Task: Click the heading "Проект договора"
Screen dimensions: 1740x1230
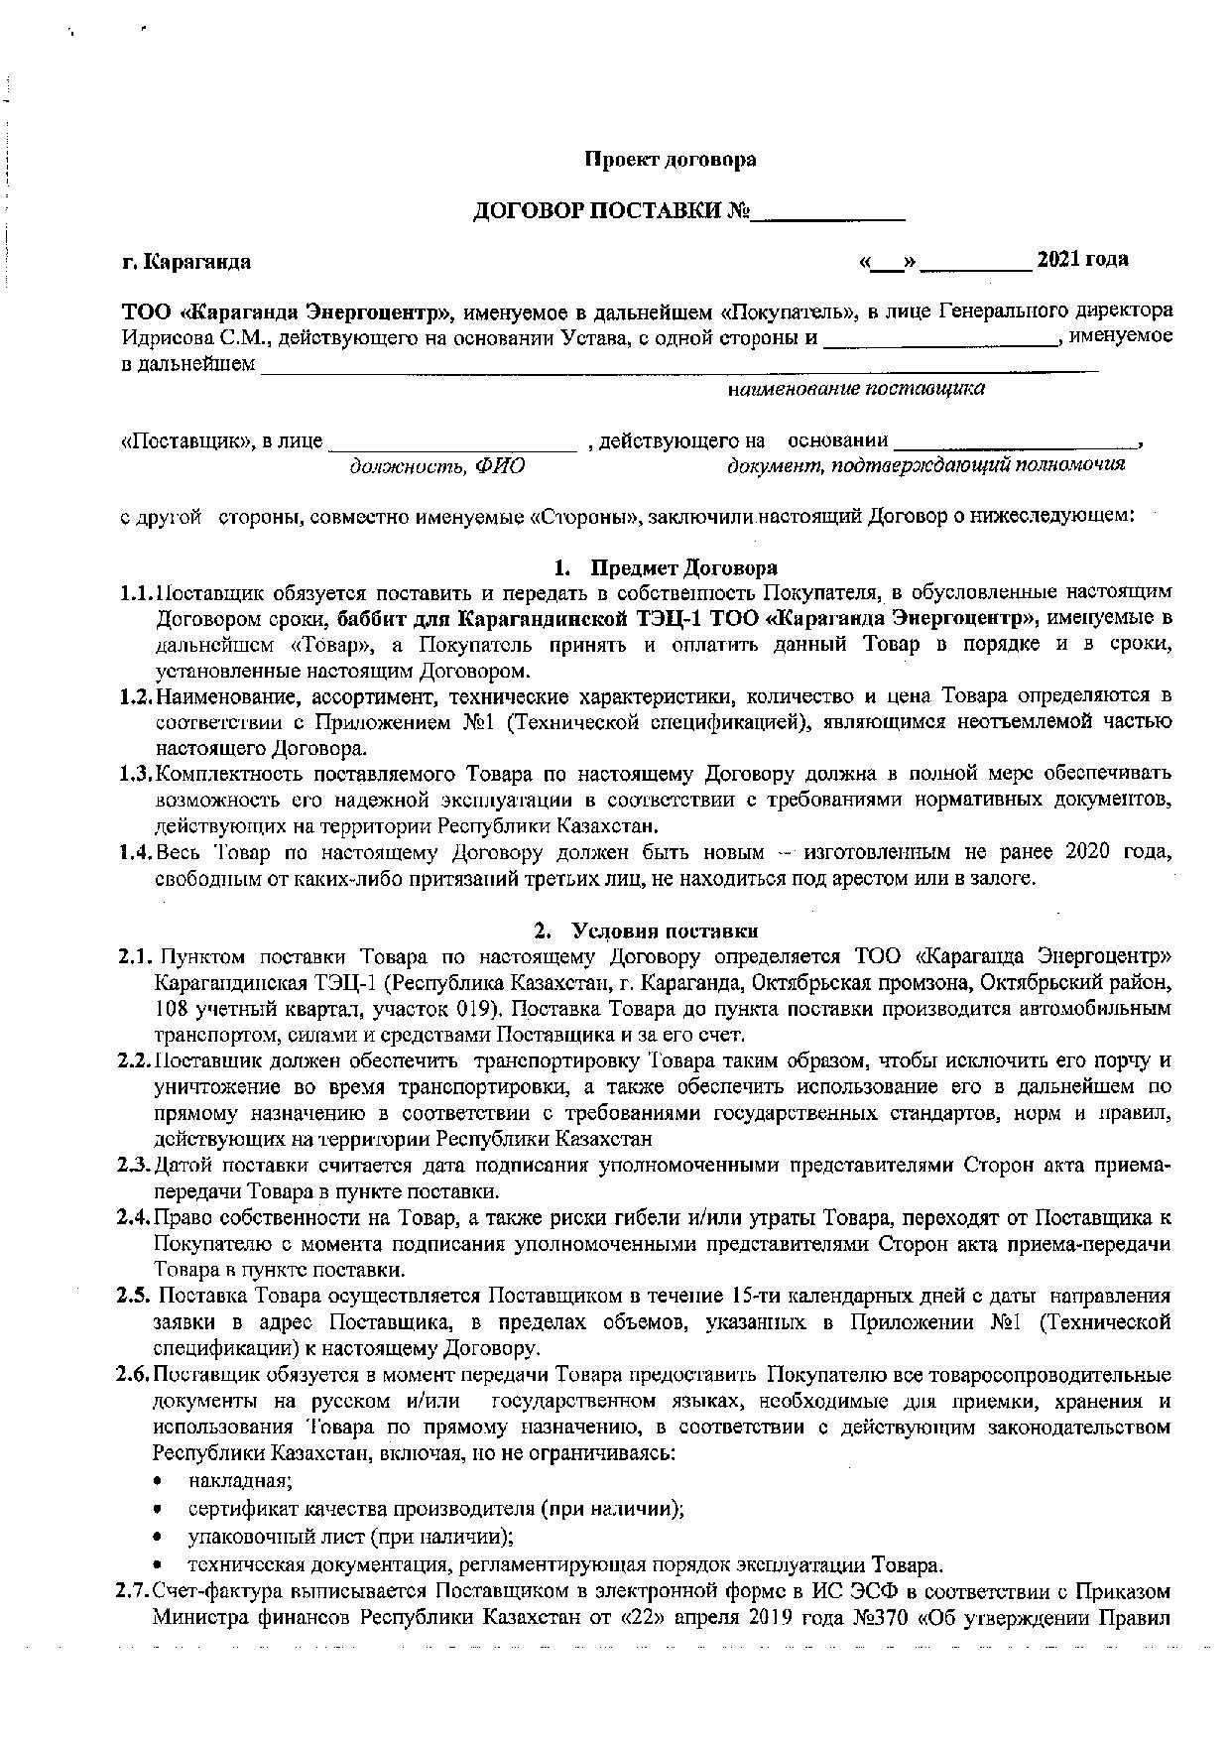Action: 670,160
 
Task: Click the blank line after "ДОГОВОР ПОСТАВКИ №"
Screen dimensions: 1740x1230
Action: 827,212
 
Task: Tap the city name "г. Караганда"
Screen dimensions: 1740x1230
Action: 185,263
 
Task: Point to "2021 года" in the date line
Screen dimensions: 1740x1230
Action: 1082,260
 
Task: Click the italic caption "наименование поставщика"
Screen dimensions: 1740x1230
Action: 856,389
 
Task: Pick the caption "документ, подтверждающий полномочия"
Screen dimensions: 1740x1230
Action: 925,464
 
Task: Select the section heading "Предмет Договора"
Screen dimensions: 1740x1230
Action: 683,568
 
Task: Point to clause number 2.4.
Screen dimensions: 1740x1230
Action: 134,1218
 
